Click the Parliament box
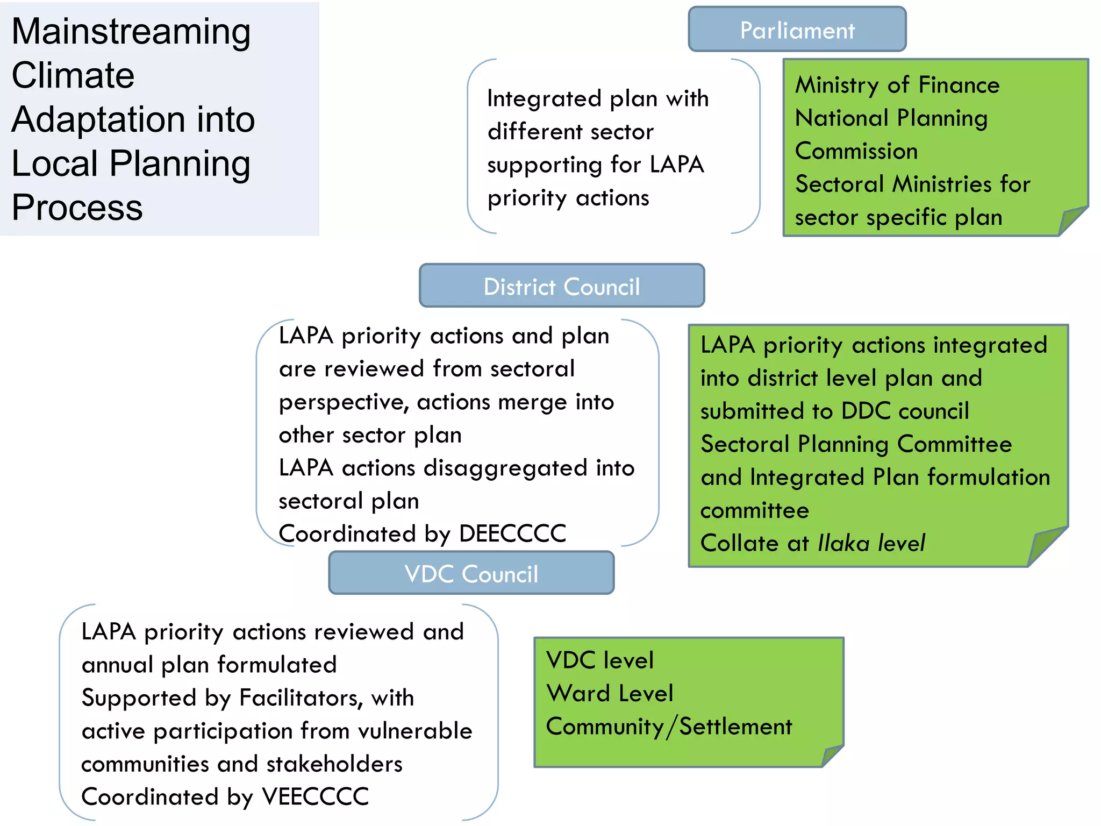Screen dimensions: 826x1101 (x=797, y=30)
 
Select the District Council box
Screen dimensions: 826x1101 (x=561, y=286)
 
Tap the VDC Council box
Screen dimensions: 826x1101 (x=471, y=573)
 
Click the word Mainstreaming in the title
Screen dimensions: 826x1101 (x=131, y=32)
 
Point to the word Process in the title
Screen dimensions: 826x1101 (x=77, y=208)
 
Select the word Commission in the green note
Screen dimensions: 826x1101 (x=856, y=151)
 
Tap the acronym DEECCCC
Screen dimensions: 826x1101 (x=512, y=533)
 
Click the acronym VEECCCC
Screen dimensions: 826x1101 (x=315, y=796)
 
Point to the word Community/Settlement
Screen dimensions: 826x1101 (x=669, y=727)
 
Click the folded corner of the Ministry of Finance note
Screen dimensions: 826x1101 (x=1072, y=220)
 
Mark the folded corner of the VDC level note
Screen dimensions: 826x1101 (x=832, y=755)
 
